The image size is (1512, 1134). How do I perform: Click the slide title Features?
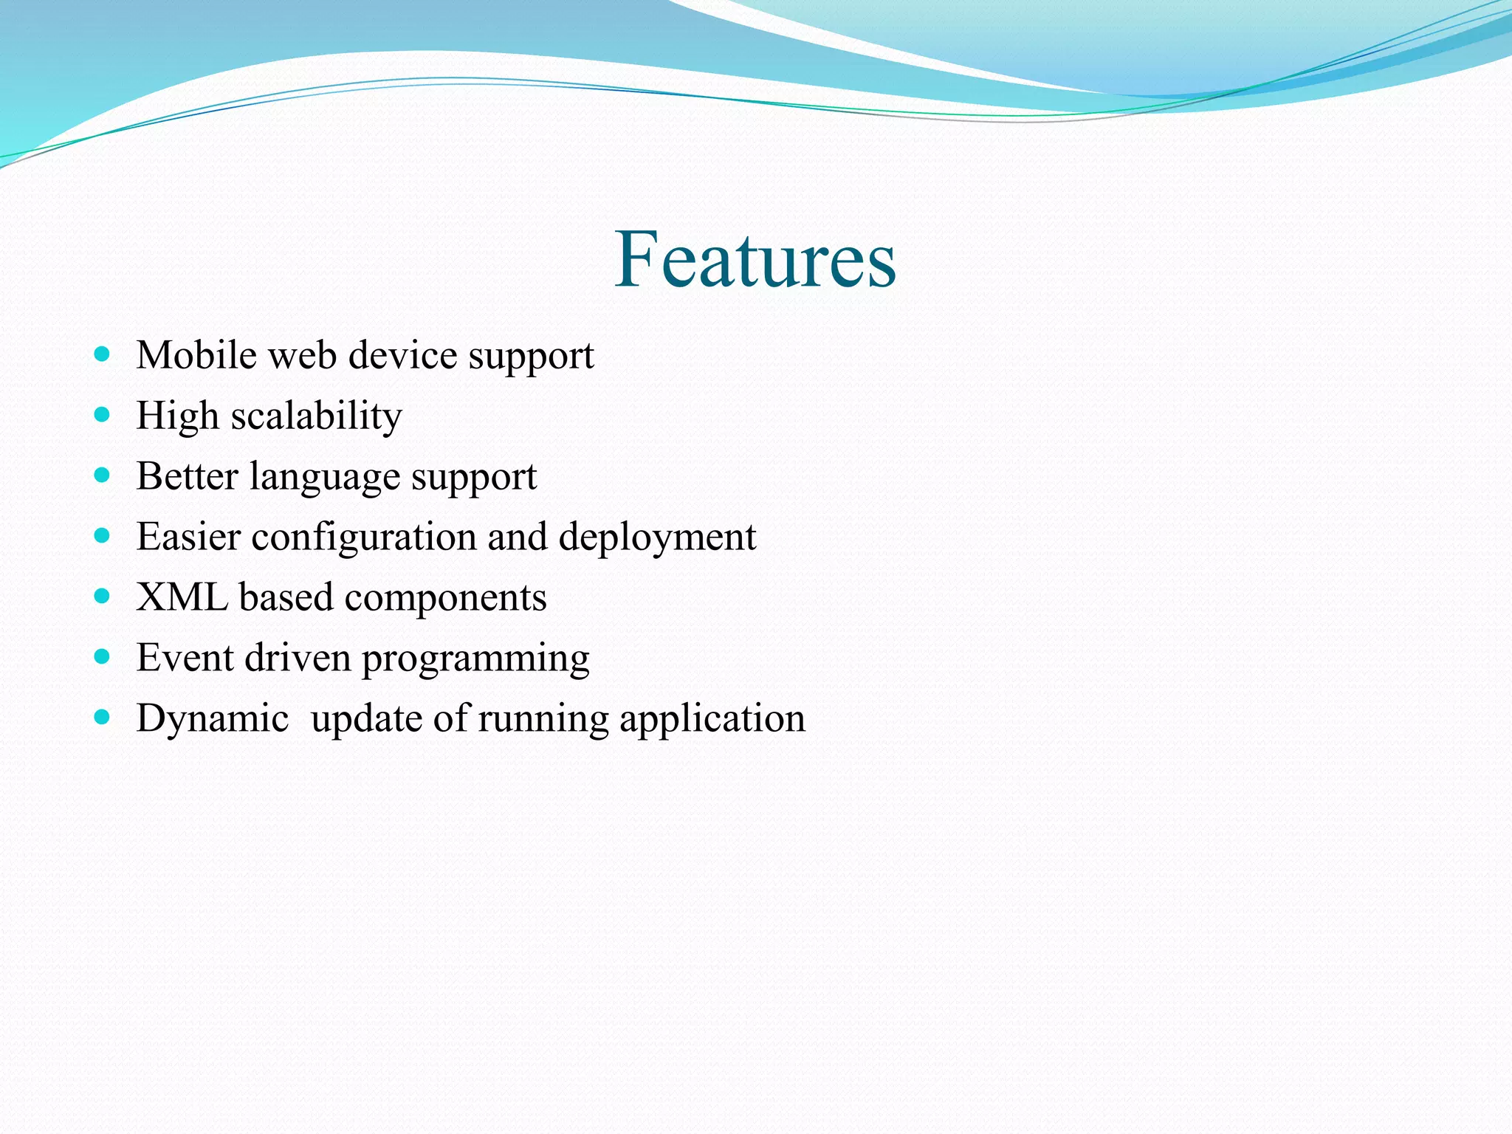755,259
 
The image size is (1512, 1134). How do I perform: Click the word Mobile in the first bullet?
196,355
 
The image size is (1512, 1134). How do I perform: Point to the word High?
177,416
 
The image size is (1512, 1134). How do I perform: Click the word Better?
188,476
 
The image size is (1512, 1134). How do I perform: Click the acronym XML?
182,597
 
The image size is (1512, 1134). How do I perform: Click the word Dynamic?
212,719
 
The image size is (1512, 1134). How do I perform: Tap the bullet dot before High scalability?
103,415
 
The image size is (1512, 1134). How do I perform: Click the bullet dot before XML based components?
103,596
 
